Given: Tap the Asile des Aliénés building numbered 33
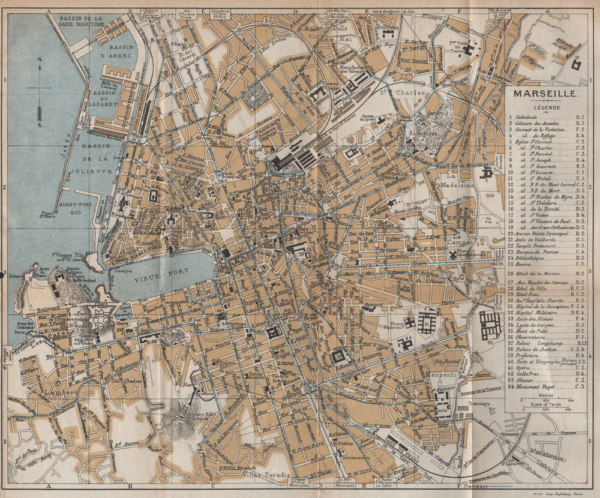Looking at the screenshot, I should (x=490, y=324).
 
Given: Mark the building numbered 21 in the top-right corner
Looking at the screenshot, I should (x=576, y=64).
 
